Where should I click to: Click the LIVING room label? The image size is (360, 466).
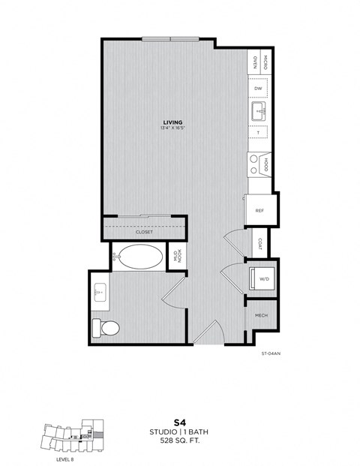coord(175,122)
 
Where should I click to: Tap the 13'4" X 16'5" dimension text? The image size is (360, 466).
coord(175,128)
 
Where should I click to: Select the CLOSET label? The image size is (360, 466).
coord(144,233)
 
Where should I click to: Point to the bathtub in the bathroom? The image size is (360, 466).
coord(138,257)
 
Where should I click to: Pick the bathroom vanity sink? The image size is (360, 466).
coord(100,291)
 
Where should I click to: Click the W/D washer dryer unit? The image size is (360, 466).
coord(264,278)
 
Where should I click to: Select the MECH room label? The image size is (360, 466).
coord(262,316)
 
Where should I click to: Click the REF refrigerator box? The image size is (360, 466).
coord(259,211)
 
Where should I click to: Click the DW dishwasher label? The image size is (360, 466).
coord(257,89)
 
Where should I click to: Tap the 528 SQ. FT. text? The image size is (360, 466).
coord(179,442)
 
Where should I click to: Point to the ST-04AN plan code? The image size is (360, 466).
coord(271,353)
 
